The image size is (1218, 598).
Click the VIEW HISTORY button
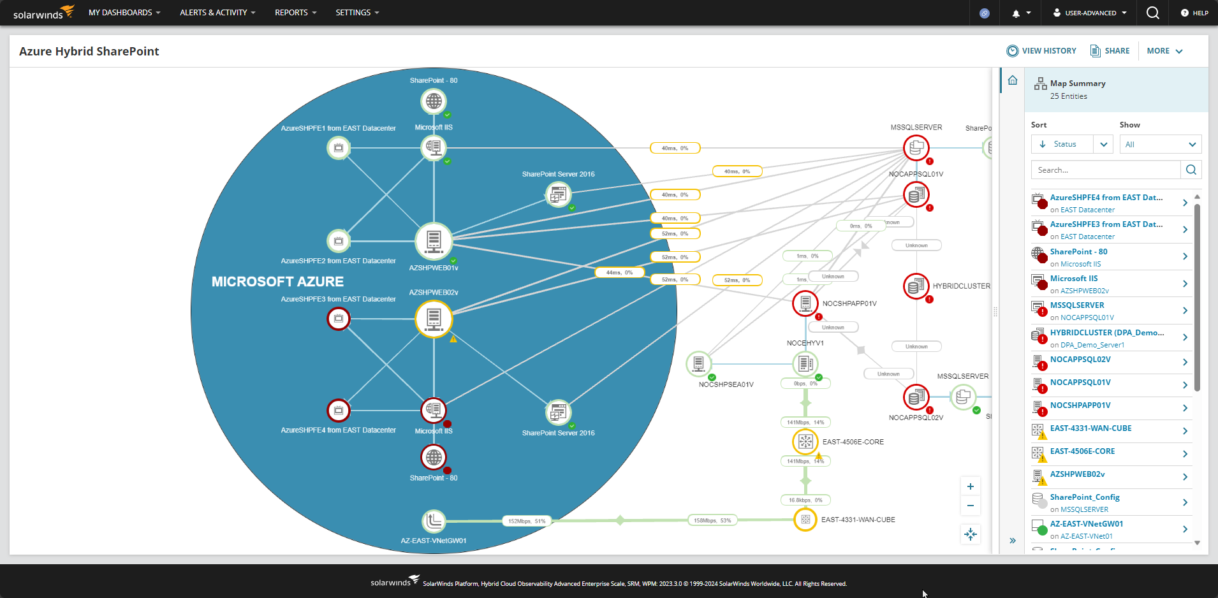(x=1041, y=51)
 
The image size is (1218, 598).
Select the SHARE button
(x=1110, y=51)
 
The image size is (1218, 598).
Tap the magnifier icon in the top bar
(x=1152, y=13)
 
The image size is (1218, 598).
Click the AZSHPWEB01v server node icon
(x=434, y=242)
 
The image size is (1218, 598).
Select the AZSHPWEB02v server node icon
(x=434, y=318)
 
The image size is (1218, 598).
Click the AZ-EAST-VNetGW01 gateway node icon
(x=434, y=521)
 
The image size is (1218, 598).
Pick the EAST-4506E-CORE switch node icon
(x=805, y=441)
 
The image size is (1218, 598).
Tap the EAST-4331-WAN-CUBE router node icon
(x=805, y=520)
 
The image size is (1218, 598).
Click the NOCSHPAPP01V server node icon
(x=805, y=303)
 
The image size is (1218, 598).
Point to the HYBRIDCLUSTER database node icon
(x=916, y=286)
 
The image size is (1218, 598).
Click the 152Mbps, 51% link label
(x=526, y=521)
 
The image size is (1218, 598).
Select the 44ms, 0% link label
(x=619, y=273)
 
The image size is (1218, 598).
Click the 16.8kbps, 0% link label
(x=805, y=500)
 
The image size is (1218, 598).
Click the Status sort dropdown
(x=1071, y=144)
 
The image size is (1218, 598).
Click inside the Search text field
(x=1105, y=170)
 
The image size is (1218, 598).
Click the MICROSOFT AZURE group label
(x=277, y=282)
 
